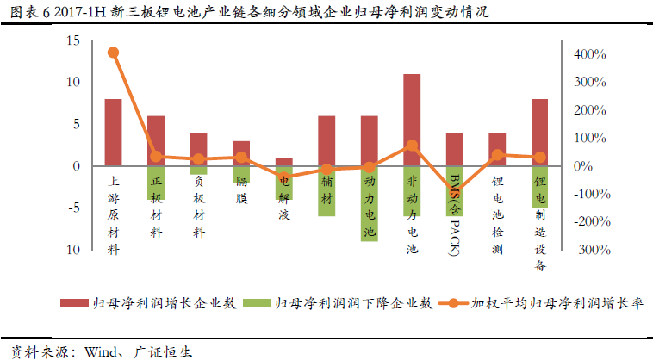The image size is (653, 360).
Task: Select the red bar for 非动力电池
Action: (x=412, y=120)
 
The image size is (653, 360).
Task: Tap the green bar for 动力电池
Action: (x=370, y=203)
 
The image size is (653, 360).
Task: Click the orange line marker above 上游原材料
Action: (x=113, y=53)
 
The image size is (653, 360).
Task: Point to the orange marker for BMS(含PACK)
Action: (x=454, y=192)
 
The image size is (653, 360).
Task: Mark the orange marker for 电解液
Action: (x=284, y=177)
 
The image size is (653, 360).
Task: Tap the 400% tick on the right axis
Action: (x=590, y=54)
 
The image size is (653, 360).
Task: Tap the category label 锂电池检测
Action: (x=497, y=214)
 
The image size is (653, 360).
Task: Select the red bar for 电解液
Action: (x=284, y=161)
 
